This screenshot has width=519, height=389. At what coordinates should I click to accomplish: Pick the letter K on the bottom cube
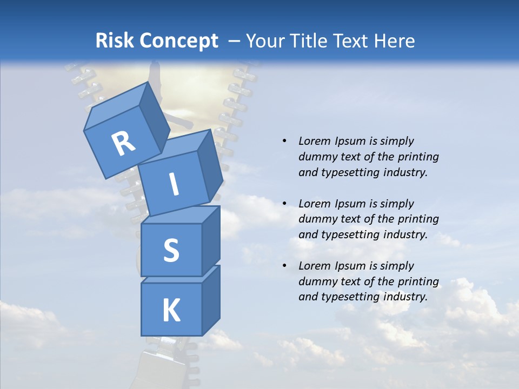pos(171,310)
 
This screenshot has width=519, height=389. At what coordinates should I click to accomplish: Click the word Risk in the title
pos(115,41)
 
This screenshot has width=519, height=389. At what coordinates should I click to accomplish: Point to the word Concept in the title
pos(179,42)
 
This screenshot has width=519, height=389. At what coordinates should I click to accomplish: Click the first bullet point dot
pos(284,141)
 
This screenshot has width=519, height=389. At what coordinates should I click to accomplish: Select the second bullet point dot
pos(284,204)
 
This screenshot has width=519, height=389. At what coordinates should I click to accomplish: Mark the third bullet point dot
pos(284,266)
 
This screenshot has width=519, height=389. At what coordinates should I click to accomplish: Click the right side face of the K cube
pos(211,301)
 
